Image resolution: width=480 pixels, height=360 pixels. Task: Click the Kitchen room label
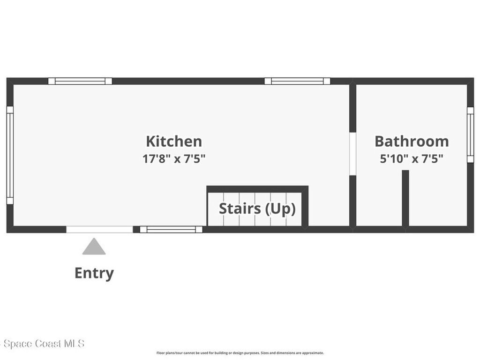coord(174,142)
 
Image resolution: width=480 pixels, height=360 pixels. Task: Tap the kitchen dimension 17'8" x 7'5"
coord(174,158)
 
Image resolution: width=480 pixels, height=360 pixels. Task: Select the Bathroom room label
coord(412,142)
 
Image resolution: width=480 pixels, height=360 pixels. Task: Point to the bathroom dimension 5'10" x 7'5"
coord(412,158)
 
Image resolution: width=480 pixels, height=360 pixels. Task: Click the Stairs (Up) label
coord(257,209)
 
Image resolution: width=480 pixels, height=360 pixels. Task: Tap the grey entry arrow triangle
coord(94,247)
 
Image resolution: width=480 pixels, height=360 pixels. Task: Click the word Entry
coord(94,273)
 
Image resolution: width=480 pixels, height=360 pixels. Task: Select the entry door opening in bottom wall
coord(99,230)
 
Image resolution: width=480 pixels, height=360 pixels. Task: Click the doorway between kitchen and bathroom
coord(352,154)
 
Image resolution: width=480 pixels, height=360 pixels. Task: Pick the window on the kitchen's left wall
coord(10,155)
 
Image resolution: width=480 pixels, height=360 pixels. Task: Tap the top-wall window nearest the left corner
coord(80,81)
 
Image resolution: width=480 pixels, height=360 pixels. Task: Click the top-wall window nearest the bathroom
coord(297,81)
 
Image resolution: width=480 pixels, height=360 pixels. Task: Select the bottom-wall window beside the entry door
coord(171,230)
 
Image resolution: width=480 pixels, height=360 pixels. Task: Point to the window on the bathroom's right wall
coord(470,135)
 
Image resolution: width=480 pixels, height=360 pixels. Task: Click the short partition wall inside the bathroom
coord(405,199)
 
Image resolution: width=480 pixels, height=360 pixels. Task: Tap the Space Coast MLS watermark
coord(43,344)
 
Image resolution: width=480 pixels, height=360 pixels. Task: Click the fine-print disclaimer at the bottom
coord(240,353)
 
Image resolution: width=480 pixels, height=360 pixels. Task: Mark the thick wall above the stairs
coord(257,189)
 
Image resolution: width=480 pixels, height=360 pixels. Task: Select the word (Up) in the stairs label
coord(280,209)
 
